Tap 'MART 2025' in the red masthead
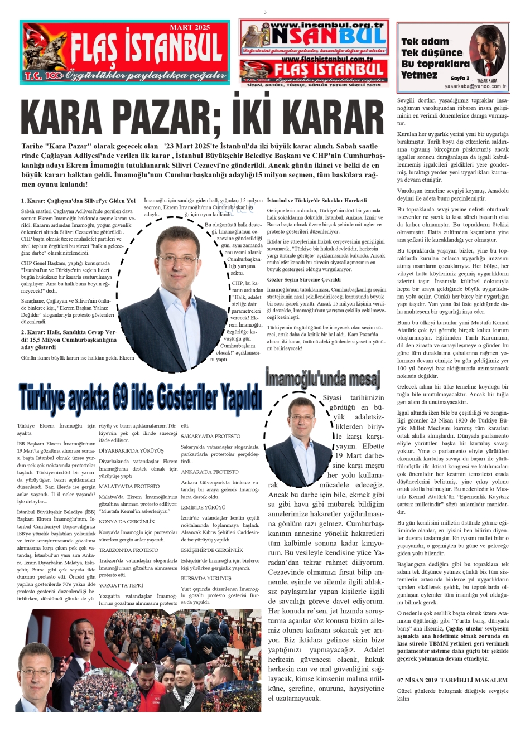click(x=190, y=27)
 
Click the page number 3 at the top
click(x=265, y=12)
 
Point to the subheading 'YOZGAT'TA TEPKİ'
click(x=121, y=585)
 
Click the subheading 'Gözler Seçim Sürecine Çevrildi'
click(x=303, y=279)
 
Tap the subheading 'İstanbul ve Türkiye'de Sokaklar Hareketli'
click(x=317, y=200)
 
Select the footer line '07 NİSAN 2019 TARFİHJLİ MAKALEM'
click(x=452, y=680)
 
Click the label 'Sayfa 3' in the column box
click(x=460, y=79)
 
